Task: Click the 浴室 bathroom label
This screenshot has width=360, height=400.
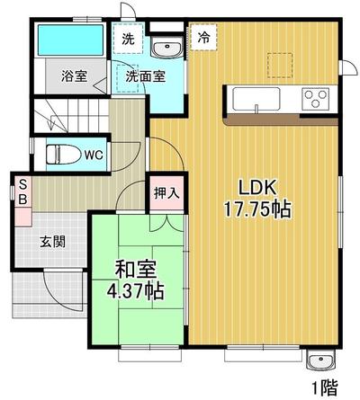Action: coord(74,76)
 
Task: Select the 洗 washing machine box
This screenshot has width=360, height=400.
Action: coord(129,39)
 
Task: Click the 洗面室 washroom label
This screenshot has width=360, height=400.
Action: coord(144,76)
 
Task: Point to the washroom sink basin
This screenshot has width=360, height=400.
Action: coord(165,48)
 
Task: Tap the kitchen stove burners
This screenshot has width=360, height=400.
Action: coord(316,96)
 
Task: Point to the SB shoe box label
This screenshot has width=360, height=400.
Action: coord(23,192)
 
